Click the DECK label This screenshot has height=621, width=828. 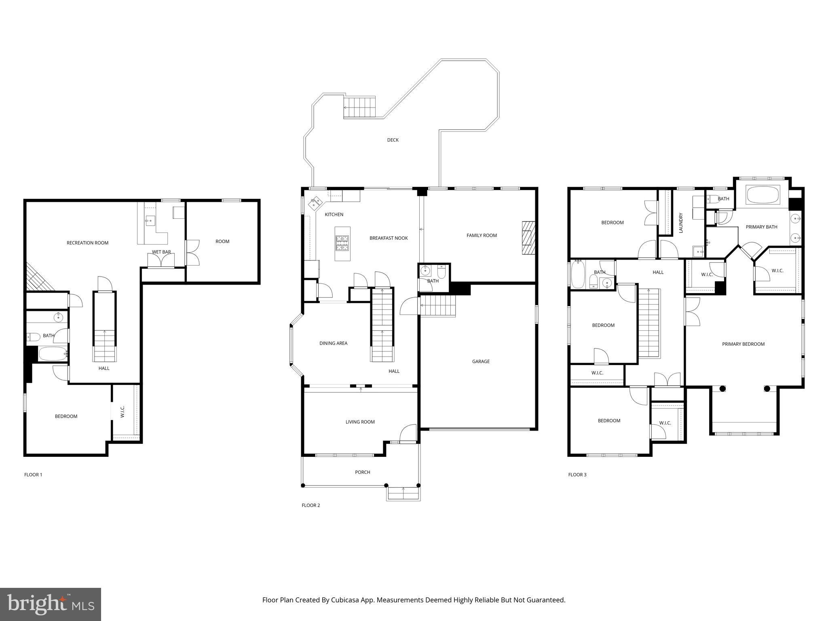point(393,140)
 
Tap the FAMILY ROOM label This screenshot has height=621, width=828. point(482,235)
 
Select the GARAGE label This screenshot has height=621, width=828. point(481,361)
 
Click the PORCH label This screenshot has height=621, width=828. point(362,472)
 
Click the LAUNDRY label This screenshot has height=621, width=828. point(680,223)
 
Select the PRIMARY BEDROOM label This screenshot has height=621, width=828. point(743,344)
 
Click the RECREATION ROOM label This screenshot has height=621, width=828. point(87,243)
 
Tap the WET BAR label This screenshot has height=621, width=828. point(161,252)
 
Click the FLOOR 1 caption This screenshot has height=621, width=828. point(33,475)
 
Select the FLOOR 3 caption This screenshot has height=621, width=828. point(577,475)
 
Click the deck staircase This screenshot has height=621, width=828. point(359,108)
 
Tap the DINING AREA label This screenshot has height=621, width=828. point(333,343)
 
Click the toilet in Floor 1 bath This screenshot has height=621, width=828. point(34,336)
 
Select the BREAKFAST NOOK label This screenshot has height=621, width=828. point(389,238)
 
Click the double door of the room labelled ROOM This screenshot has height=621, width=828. point(193,253)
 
